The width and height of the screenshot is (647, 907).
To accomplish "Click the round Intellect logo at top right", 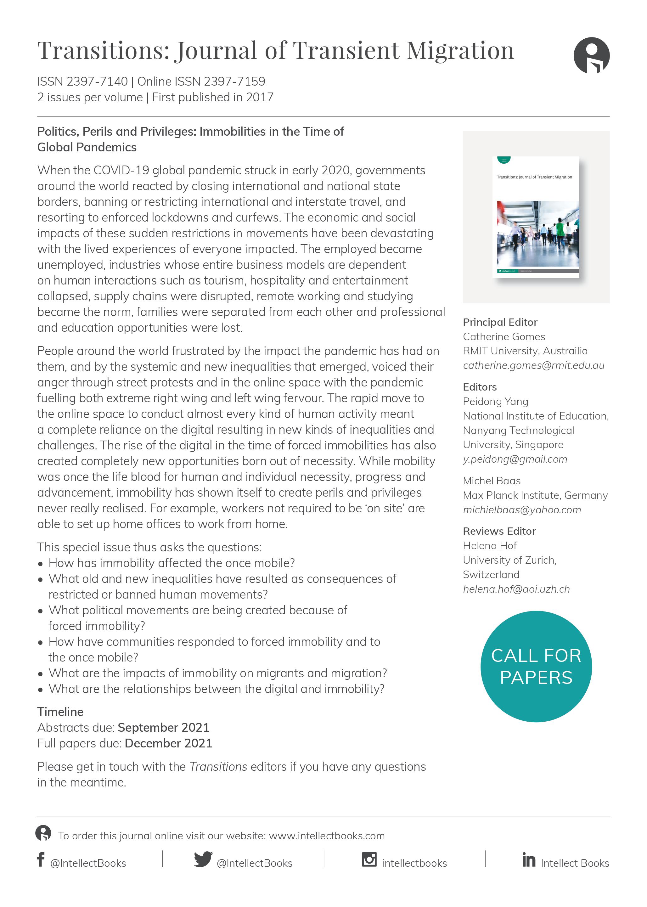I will [x=591, y=55].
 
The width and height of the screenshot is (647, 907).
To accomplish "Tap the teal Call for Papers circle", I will [x=536, y=667].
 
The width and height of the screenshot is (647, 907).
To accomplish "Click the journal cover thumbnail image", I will [x=536, y=217].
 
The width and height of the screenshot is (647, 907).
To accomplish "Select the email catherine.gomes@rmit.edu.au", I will [x=533, y=365].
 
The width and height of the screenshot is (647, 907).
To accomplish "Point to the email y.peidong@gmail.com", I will [x=515, y=459].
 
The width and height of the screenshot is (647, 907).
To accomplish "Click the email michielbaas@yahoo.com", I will [x=521, y=510].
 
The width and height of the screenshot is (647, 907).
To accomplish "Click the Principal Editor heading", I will [x=500, y=322].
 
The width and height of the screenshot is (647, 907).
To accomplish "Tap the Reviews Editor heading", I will [x=499, y=531].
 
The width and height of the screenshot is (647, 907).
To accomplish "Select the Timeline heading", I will [x=60, y=712].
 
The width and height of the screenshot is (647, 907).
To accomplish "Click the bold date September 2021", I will [x=163, y=728].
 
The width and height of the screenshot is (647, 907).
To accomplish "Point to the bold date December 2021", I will [x=168, y=743].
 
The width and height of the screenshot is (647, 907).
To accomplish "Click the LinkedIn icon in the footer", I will [x=528, y=860].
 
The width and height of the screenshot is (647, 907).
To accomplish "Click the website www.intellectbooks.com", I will [x=327, y=836].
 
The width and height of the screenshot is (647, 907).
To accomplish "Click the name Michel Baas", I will [x=492, y=481].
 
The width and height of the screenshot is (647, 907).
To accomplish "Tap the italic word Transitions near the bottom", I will [x=218, y=767].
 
